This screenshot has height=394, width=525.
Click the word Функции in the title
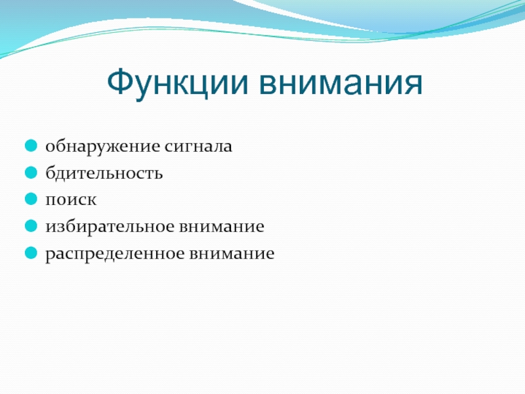[177, 83]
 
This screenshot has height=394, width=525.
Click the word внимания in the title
[341, 83]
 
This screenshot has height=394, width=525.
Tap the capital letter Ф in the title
[121, 81]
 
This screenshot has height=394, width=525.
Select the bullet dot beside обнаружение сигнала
[31, 146]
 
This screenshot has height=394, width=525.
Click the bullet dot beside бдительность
[31, 173]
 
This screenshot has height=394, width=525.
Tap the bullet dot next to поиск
[31, 199]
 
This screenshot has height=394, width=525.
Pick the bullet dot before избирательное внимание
[31, 226]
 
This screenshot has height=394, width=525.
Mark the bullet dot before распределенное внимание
[31, 253]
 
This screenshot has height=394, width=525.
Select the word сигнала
[198, 146]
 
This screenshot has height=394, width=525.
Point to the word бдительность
[104, 173]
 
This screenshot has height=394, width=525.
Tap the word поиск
[71, 200]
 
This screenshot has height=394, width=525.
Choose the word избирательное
[110, 226]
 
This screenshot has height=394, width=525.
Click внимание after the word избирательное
[222, 227]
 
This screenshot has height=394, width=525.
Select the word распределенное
[115, 254]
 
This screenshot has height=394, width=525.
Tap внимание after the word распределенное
[232, 253]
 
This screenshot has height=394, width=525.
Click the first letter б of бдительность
[51, 173]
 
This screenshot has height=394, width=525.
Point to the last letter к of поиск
[91, 200]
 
